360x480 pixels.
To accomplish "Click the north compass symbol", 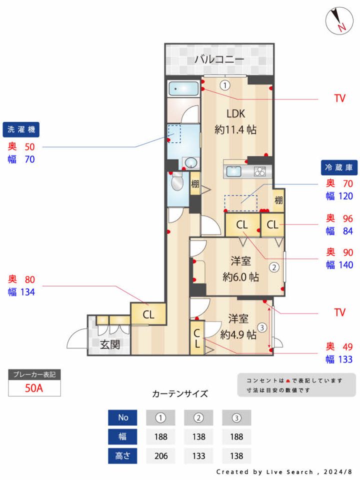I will [339, 21].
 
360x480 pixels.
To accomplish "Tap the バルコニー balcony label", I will [219, 59].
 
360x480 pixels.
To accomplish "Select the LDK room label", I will [235, 112].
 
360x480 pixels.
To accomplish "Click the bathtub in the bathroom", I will [184, 89].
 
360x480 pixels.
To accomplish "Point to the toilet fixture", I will [177, 183].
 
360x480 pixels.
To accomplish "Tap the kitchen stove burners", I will [260, 171].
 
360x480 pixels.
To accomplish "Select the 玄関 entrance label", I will [109, 344].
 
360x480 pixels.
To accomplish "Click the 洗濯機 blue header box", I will [21, 130].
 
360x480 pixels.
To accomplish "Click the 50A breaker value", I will [34, 388].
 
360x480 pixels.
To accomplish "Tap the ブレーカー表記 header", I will [34, 374].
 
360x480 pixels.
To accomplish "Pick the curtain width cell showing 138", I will [198, 436].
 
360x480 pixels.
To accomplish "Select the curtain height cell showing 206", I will [160, 455].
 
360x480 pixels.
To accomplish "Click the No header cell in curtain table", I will [122, 417].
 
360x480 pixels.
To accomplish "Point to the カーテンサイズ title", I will [179, 393].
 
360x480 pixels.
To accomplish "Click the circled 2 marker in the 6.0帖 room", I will [274, 267].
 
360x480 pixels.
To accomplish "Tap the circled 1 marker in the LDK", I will [225, 85].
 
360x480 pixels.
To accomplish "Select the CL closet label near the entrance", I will [148, 315].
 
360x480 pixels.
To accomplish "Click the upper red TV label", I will [340, 98].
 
